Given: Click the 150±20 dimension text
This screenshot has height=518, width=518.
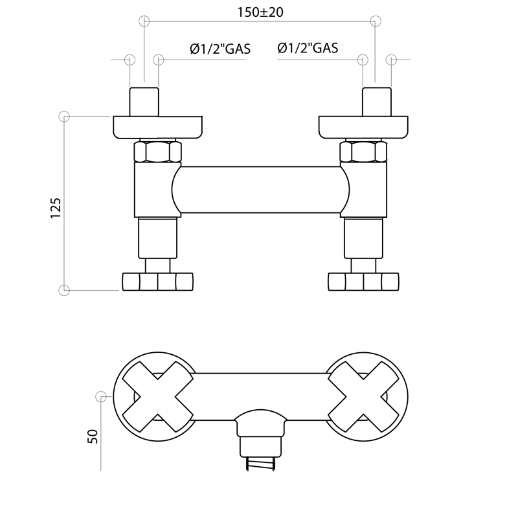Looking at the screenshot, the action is pos(260,12).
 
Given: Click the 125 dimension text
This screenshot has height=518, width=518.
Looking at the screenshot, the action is pos(56,208).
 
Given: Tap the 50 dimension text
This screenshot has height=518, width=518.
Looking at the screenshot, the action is pos(93,436).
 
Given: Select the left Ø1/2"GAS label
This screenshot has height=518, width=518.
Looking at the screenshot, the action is pos(220,49).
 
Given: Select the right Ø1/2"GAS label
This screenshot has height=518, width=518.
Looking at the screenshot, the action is pos(308,48).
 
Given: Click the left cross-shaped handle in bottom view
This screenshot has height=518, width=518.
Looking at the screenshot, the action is pos(157,396).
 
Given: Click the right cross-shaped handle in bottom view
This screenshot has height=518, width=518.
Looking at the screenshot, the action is pos(363,396).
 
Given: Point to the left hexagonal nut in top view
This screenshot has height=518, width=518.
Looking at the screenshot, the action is pos(157,152).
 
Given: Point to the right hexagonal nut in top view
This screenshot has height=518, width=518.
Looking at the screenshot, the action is pos(363,152).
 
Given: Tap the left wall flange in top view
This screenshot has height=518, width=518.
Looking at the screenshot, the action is pos(157,127).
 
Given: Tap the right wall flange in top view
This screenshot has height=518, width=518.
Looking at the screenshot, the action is pos(363,127).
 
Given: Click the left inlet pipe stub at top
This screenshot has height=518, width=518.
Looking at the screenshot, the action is pos(144,102).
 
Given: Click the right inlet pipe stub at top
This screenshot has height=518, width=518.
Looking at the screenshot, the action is pos(377,102).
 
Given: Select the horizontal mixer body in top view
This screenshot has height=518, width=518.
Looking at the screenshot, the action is pos(260,190).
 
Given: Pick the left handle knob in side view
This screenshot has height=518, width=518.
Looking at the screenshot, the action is pos(157,282).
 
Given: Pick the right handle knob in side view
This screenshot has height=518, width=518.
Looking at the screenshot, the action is pos(363,282).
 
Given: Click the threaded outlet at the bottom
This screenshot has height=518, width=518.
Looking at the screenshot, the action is pos(260,464).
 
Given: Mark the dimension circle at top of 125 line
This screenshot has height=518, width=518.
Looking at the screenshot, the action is pos(64,117).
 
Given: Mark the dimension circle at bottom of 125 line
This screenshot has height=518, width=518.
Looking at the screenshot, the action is pos(64,290).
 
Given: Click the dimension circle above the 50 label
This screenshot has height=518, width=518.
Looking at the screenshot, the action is pos(101,396).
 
